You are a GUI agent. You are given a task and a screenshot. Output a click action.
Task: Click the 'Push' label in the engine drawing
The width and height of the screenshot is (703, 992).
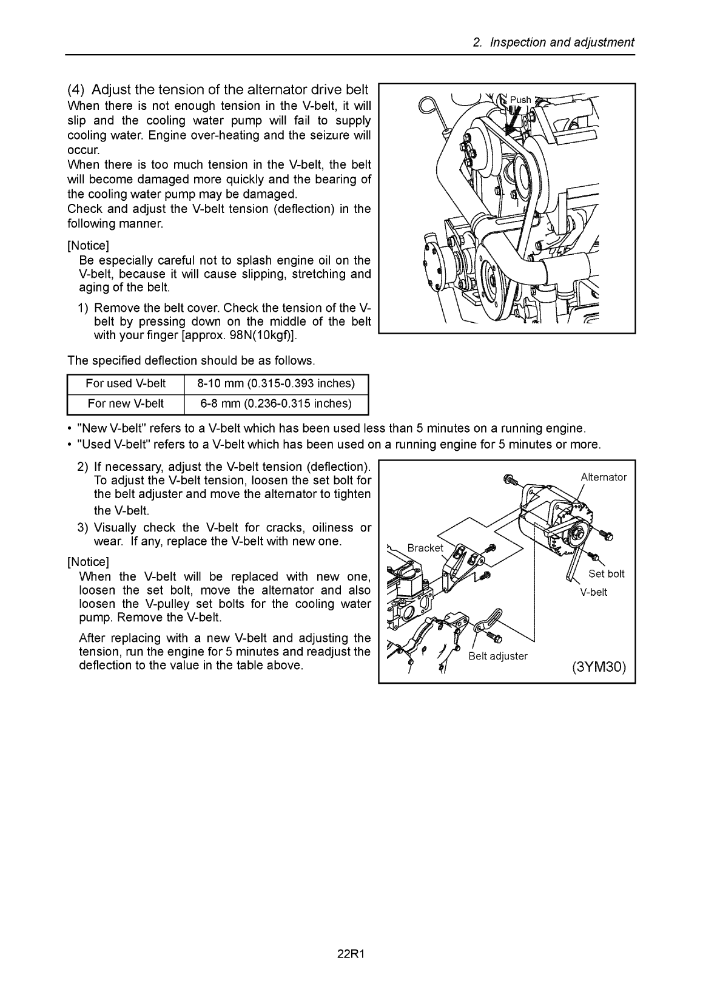tap(520, 100)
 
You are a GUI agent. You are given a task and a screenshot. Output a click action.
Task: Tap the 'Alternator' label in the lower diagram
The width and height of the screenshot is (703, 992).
tap(604, 477)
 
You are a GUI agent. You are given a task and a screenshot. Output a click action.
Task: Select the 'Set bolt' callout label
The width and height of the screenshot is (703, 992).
tap(607, 574)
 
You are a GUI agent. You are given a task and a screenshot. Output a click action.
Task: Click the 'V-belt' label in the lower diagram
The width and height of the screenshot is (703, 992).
tap(594, 592)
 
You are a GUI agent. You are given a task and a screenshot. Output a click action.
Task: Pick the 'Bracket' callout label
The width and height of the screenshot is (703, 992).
tap(425, 548)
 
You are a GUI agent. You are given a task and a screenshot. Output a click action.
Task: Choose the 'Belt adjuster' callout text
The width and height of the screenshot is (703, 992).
tap(499, 656)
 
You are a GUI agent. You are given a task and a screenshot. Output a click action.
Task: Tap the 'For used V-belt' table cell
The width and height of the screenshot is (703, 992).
tap(126, 383)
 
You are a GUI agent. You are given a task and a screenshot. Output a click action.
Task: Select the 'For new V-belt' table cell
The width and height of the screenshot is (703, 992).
tap(126, 403)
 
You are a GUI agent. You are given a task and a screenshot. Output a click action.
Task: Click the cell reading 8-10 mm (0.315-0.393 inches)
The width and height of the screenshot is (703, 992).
tap(276, 383)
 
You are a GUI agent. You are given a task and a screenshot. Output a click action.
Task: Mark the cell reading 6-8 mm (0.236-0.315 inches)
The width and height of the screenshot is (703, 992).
tap(276, 403)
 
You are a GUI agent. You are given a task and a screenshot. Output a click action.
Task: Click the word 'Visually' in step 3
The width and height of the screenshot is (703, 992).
tap(116, 527)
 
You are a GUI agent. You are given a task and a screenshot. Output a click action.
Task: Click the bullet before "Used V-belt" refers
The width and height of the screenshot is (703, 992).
tap(71, 445)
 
